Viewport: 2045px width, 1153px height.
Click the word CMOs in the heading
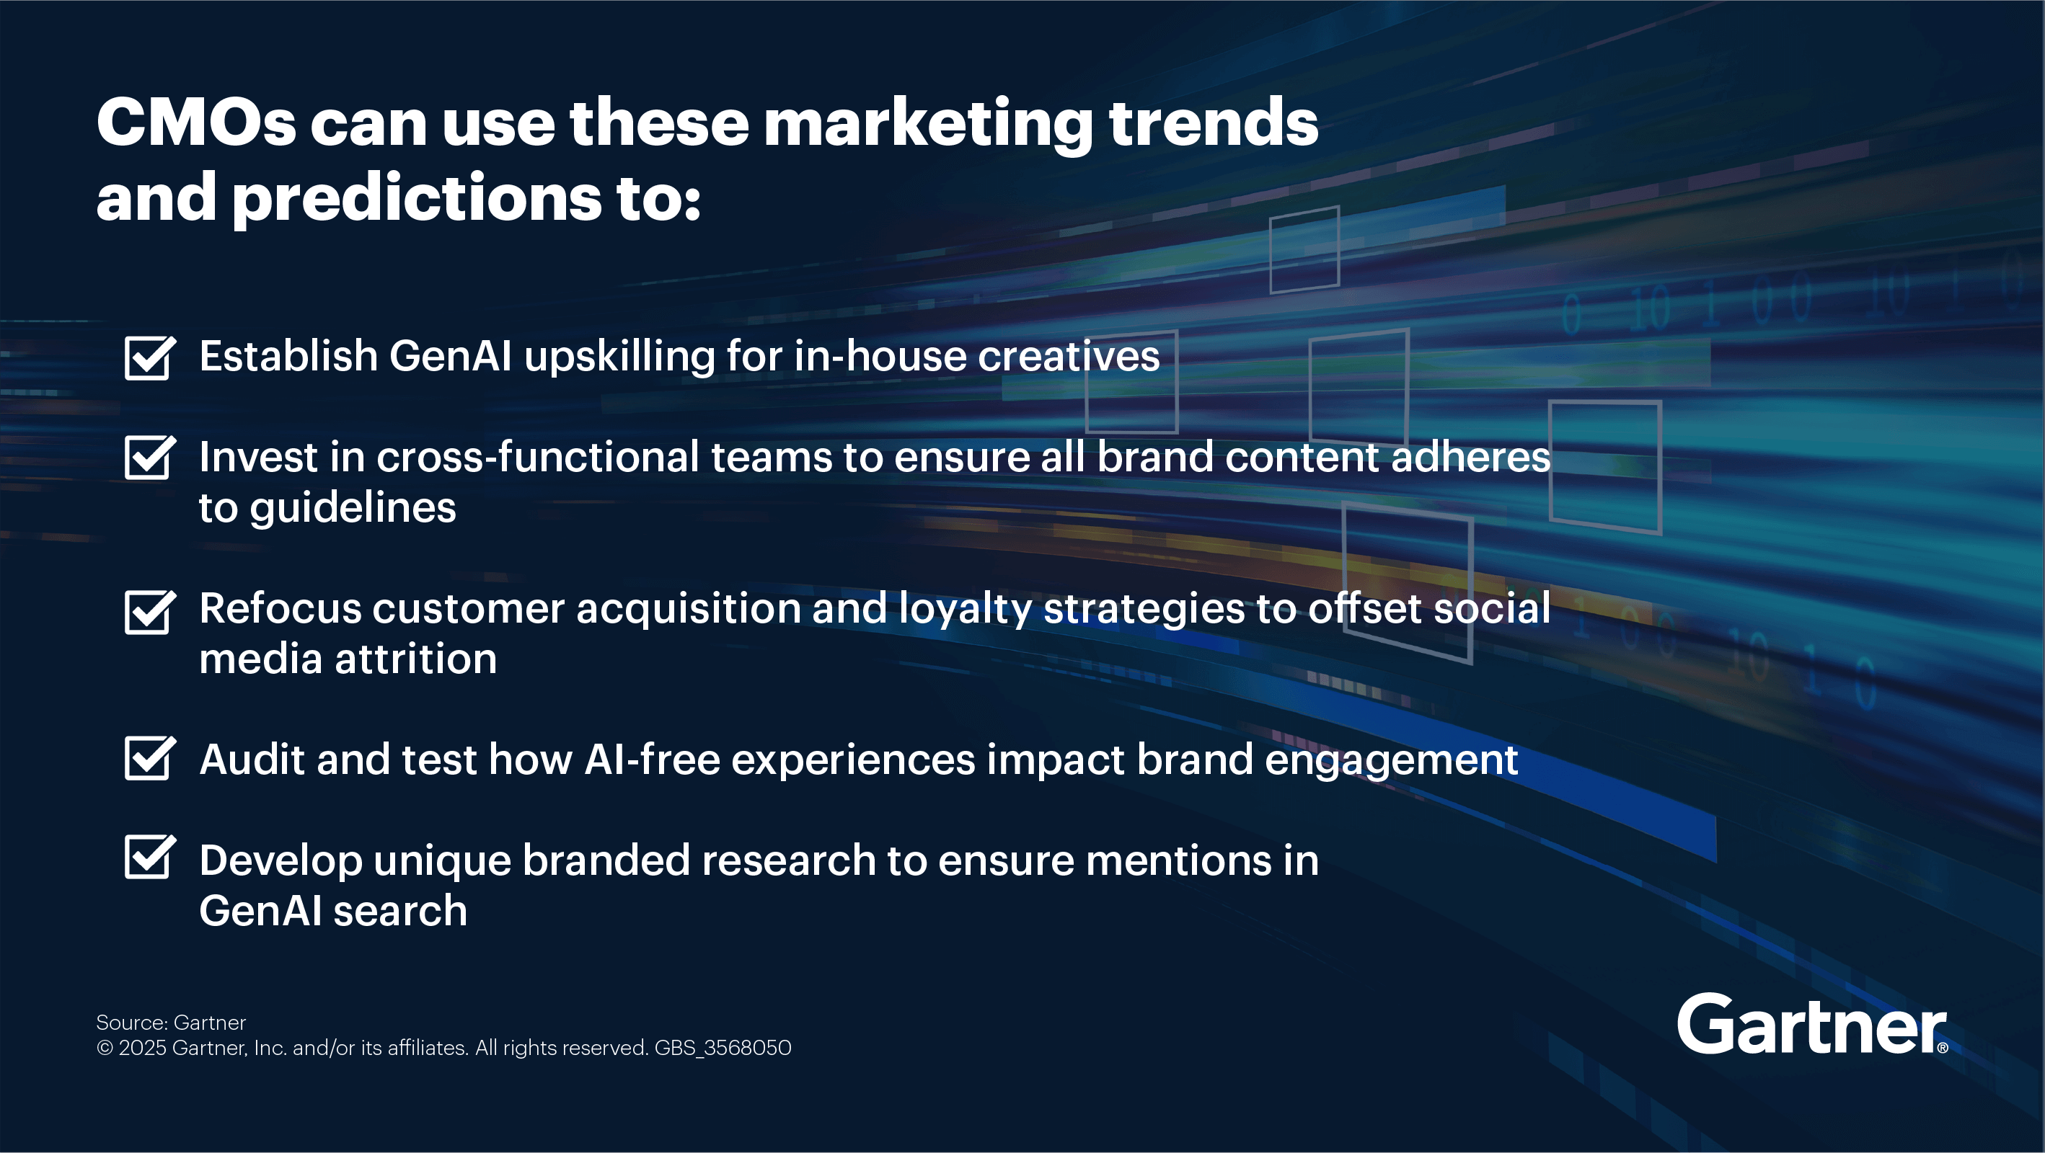[x=196, y=123]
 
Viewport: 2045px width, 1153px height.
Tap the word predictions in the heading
[x=417, y=198]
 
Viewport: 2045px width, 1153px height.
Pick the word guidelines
[x=353, y=509]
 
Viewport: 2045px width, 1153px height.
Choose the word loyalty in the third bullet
[x=965, y=610]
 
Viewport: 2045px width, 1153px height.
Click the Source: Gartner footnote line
[x=171, y=1022]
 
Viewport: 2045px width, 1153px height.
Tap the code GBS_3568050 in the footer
[x=723, y=1049]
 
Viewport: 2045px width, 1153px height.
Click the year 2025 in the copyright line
[x=142, y=1049]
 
